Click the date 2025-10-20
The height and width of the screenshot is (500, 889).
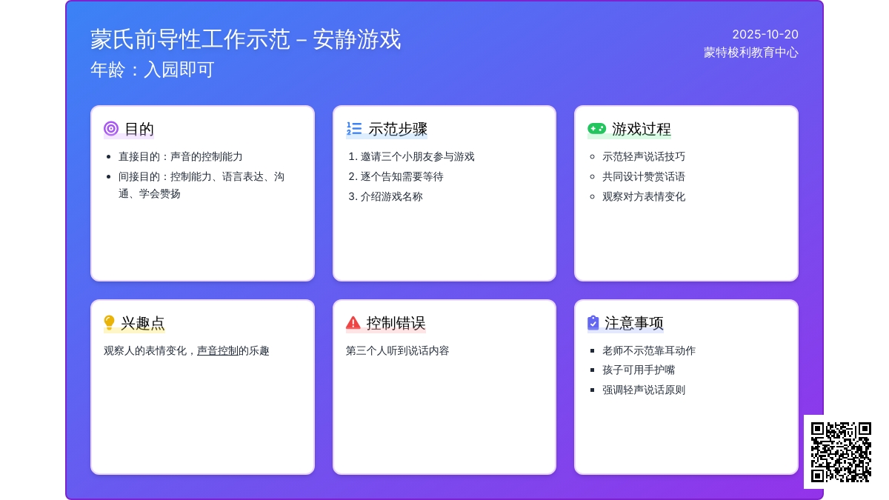765,35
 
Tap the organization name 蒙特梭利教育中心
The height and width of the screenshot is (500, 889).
751,53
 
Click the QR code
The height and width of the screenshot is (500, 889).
841,452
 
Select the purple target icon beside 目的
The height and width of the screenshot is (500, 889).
111,129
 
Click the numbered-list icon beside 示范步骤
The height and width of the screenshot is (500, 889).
353,129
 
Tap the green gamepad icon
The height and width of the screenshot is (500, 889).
596,129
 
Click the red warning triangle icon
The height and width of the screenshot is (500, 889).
353,323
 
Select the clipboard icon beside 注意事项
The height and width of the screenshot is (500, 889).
593,323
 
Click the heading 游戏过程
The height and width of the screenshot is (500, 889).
642,129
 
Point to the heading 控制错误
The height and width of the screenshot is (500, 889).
396,323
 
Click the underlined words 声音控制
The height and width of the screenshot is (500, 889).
218,351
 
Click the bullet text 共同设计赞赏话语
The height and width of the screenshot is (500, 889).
644,176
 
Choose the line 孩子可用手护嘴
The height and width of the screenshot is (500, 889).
639,370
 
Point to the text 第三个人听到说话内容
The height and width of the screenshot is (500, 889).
397,351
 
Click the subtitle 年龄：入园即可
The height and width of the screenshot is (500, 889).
153,70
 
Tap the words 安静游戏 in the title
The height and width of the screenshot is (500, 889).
357,39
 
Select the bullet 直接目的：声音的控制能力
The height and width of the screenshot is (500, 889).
180,157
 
